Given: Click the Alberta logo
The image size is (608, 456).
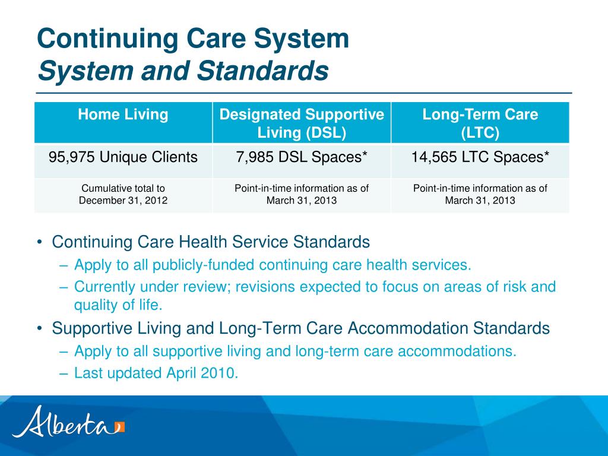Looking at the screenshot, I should [68, 422].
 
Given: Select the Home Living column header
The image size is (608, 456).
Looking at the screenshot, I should [123, 115].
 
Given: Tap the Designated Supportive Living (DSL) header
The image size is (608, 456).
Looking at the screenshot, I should [302, 123].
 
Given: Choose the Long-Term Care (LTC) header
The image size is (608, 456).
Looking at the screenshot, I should [480, 123].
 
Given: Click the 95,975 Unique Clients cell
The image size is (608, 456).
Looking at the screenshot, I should [123, 157].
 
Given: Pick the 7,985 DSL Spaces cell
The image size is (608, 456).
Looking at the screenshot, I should [302, 157].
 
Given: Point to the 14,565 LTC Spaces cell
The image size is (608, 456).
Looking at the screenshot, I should [480, 157].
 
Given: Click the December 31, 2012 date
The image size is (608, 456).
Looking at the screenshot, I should [123, 201].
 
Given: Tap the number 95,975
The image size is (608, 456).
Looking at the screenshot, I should [72, 157].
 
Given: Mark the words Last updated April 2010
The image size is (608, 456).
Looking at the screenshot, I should [156, 373].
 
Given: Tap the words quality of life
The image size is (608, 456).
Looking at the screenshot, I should [118, 305].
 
